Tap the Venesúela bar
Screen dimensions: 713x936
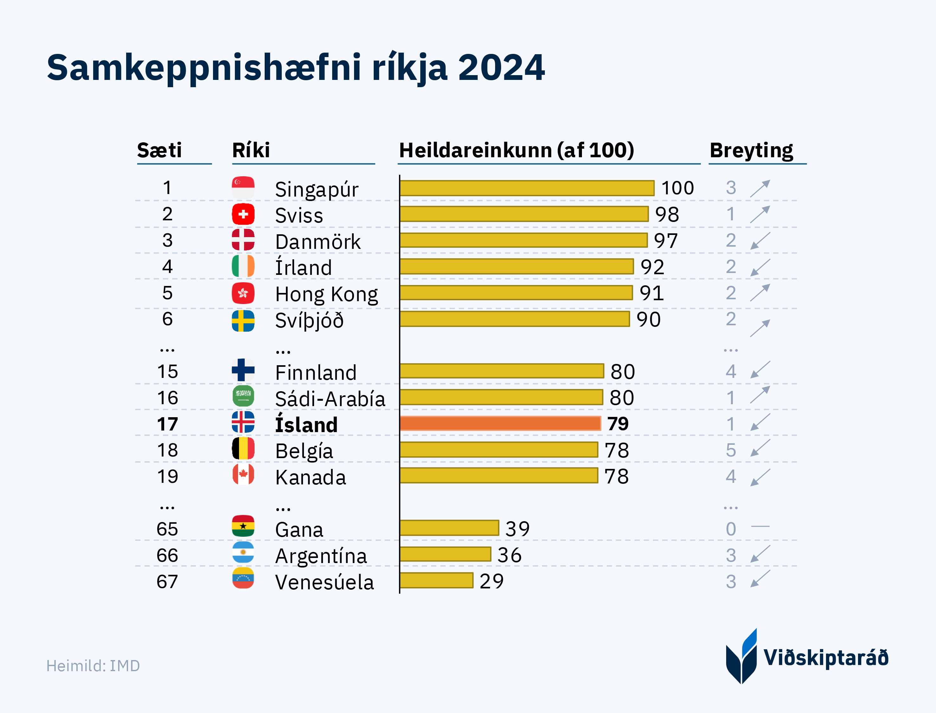click(436, 580)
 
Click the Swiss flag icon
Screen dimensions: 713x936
click(243, 214)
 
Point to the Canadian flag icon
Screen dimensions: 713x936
click(243, 475)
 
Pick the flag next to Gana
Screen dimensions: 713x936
click(243, 527)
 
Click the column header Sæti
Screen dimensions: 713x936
click(159, 150)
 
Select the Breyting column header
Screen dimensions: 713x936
click(751, 150)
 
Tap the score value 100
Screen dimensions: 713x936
click(678, 188)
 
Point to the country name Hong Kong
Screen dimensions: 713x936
click(326, 294)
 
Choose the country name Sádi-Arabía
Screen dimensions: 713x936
click(330, 399)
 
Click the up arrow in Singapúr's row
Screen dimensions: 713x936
click(760, 188)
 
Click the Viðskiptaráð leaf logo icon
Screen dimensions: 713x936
click(741, 657)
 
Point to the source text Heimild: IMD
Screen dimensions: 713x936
click(93, 666)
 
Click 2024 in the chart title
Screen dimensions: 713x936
click(501, 68)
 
